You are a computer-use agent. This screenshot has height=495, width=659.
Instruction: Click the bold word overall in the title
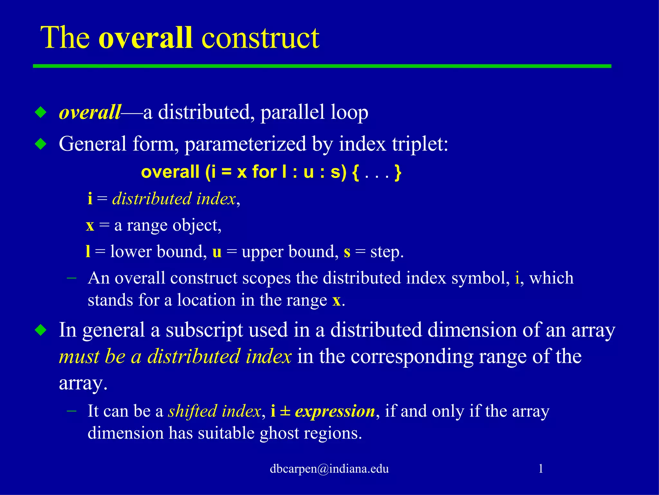[x=145, y=38]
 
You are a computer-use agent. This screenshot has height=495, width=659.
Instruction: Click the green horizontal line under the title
[x=322, y=66]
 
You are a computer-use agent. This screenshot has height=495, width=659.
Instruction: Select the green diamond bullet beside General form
[x=41, y=144]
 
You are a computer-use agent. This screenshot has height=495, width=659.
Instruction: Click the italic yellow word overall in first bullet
[x=90, y=112]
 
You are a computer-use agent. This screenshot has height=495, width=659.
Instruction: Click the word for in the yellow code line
[x=264, y=172]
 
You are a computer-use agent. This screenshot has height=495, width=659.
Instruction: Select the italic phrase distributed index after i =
[x=174, y=199]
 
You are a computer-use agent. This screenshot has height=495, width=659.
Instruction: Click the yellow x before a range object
[x=90, y=226]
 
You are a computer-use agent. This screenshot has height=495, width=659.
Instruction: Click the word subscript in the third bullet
[x=204, y=330]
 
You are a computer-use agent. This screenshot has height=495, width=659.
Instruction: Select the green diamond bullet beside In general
[x=41, y=330]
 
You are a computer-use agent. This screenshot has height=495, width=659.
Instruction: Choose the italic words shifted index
[x=214, y=411]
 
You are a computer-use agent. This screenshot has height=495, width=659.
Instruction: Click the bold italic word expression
[x=335, y=411]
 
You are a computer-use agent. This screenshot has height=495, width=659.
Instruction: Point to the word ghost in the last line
[x=279, y=433]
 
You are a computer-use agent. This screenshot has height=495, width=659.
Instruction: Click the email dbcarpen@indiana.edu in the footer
[x=329, y=469]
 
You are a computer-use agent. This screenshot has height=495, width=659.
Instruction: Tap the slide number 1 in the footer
[x=541, y=469]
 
